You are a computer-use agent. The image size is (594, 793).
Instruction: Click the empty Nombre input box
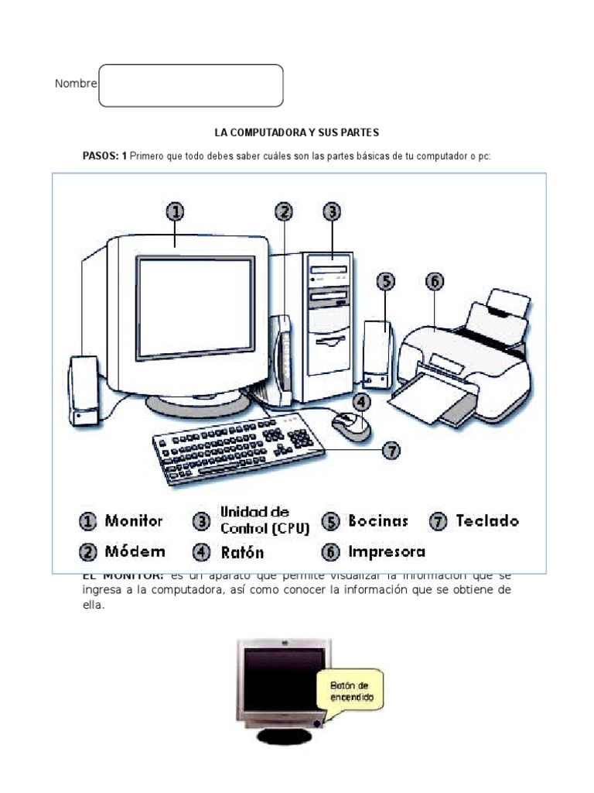click(x=191, y=85)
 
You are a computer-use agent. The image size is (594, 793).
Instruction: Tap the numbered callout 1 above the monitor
click(x=176, y=211)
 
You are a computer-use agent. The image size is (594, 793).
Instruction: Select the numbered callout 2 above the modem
click(x=285, y=211)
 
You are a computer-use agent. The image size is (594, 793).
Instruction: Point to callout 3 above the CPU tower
click(x=331, y=211)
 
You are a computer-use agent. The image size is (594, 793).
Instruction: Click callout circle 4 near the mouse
click(x=362, y=401)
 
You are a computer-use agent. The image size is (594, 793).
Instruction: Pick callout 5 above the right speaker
click(x=386, y=281)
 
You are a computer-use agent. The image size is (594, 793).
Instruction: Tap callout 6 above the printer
click(x=435, y=281)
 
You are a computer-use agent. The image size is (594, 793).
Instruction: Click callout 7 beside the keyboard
click(x=392, y=449)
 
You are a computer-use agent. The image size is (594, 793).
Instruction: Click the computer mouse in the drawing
click(x=350, y=424)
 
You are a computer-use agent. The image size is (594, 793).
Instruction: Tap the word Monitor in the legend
click(x=135, y=521)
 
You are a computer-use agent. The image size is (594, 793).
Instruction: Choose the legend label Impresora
click(x=386, y=552)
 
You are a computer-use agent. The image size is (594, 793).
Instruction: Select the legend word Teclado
click(x=487, y=521)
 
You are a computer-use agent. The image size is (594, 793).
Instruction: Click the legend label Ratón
click(x=242, y=552)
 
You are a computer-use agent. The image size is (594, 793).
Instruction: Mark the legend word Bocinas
click(x=378, y=521)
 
